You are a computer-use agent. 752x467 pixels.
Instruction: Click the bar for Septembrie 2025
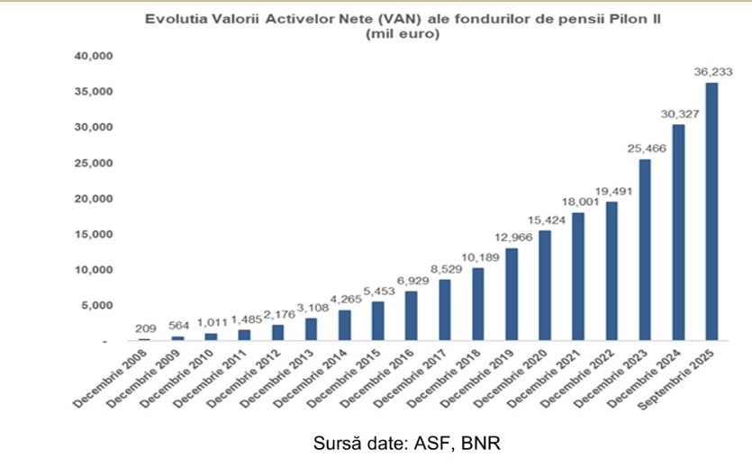pyautogui.click(x=711, y=212)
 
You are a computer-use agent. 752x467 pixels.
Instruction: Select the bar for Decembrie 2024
pyautogui.click(x=678, y=233)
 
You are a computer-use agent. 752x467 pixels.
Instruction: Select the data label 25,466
pyautogui.click(x=645, y=148)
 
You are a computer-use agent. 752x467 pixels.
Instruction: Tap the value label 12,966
pyautogui.click(x=512, y=238)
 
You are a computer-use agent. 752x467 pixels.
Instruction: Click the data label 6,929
pyautogui.click(x=412, y=281)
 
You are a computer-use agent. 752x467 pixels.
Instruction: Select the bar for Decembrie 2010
pyautogui.click(x=211, y=337)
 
